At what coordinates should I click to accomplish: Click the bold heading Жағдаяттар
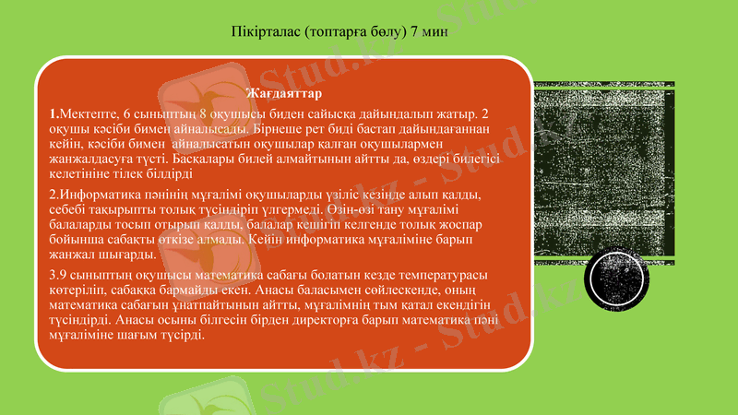(x=283, y=94)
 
